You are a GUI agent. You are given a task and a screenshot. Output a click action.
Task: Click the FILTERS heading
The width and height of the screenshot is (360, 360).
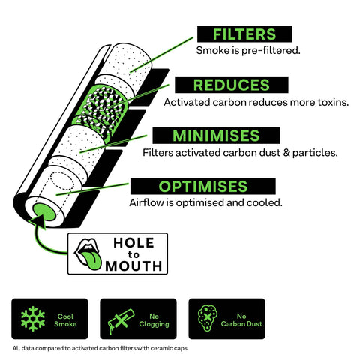tap(244, 34)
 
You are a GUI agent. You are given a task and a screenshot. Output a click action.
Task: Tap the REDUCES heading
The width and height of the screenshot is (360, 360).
tap(232, 85)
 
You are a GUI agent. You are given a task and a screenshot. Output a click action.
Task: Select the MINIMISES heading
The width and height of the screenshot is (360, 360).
tap(216, 136)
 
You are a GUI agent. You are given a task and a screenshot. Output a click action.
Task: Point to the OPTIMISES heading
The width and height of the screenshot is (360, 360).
tap(203, 187)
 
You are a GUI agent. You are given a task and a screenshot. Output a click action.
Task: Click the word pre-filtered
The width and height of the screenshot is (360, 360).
tap(271, 51)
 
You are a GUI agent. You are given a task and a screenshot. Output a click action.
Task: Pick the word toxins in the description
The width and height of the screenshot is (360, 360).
tap(333, 102)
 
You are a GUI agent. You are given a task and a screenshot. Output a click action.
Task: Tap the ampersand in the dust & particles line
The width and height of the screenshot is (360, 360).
tap(286, 153)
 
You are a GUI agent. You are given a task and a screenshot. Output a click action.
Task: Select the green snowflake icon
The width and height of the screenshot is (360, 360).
tap(33, 319)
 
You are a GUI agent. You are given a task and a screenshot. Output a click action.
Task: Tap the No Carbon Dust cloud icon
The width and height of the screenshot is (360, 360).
tap(208, 318)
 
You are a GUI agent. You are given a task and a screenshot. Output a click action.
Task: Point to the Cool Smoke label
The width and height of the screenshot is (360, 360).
tap(65, 320)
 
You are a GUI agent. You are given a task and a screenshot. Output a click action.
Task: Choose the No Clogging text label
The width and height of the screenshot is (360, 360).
tap(154, 320)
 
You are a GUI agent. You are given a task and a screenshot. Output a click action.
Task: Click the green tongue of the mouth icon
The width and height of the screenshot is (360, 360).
tap(93, 260)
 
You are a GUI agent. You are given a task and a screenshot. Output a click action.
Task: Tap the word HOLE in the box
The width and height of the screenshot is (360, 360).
tap(133, 243)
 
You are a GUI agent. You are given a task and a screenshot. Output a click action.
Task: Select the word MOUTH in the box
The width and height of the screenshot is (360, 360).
tap(133, 266)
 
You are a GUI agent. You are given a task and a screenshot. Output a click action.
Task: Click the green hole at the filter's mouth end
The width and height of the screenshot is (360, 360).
tap(44, 212)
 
